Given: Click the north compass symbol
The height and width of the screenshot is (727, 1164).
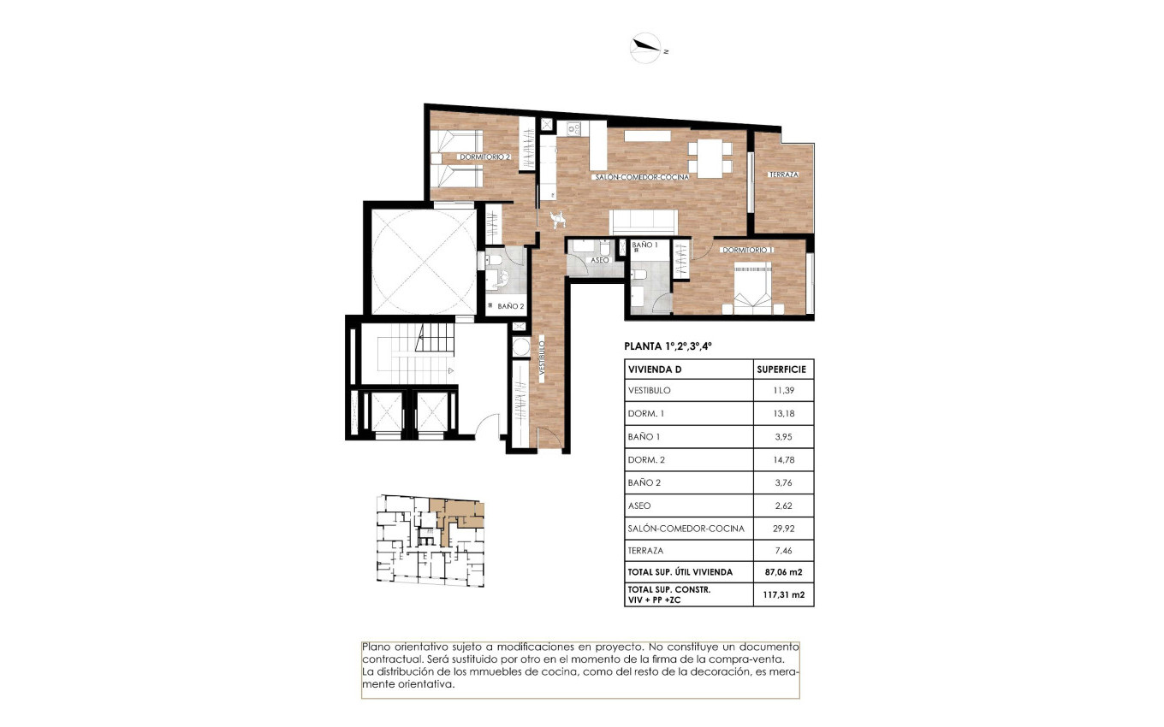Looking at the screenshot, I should [x=646, y=48].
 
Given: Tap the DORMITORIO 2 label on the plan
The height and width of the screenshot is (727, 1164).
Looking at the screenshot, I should [x=484, y=157].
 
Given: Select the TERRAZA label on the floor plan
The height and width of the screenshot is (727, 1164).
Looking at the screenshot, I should [x=783, y=174].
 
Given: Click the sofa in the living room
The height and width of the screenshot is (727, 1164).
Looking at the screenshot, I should [x=644, y=222].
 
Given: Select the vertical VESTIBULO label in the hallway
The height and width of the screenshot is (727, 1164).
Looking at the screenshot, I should [x=543, y=359].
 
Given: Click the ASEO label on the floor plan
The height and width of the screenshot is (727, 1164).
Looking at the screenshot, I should [x=600, y=259].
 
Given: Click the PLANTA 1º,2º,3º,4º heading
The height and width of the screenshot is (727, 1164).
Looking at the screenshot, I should [x=668, y=347].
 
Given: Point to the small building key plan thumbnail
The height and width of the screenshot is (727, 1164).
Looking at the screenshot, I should [x=431, y=541].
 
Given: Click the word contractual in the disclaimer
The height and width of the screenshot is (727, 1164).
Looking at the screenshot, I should [x=393, y=660].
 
